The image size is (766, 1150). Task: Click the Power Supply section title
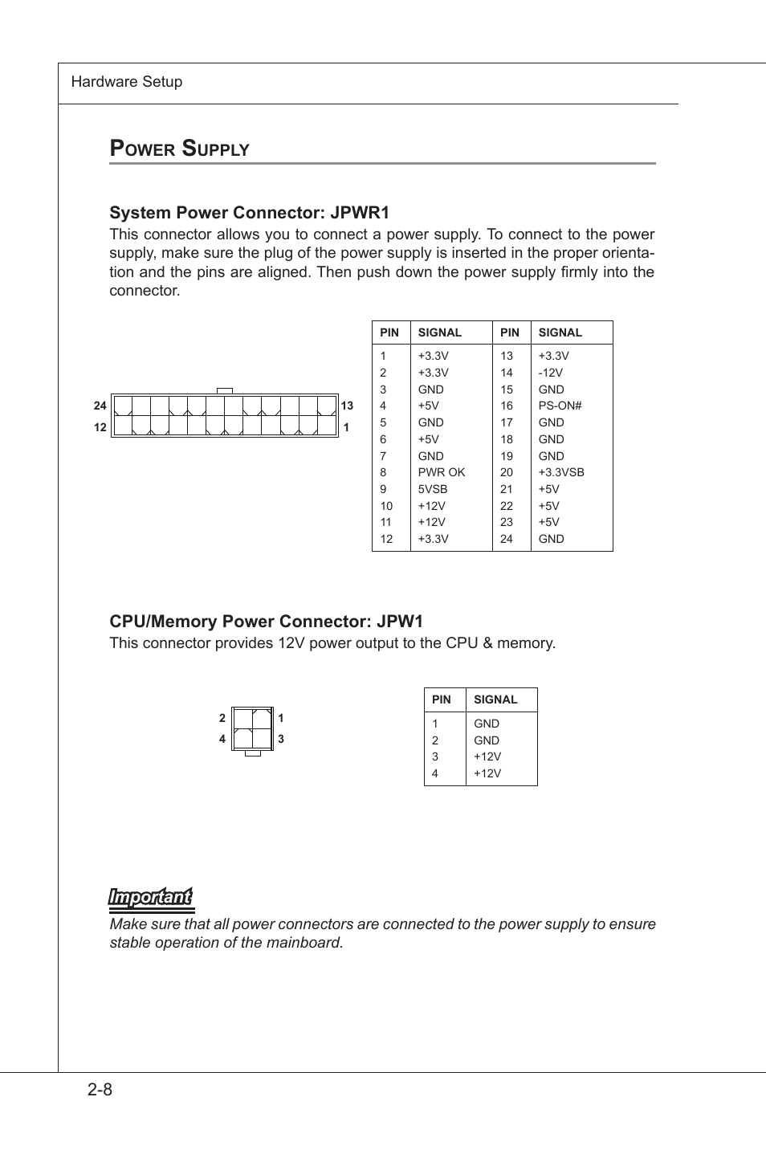click(179, 149)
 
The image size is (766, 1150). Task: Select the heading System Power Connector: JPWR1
click(249, 213)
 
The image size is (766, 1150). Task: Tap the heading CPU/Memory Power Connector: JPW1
click(266, 622)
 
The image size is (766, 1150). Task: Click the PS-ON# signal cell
click(560, 406)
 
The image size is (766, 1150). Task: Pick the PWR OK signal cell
click(441, 472)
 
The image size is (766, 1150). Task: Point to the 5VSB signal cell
click(432, 489)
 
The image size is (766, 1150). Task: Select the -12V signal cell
click(550, 373)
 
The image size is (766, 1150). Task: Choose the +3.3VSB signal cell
click(560, 472)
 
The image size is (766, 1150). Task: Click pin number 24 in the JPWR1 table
click(506, 539)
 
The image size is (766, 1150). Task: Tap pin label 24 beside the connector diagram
click(100, 406)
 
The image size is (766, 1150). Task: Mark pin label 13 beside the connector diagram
click(347, 406)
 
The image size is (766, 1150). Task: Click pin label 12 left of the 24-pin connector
click(100, 427)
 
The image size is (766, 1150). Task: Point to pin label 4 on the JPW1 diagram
click(222, 739)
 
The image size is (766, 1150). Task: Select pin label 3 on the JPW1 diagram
click(281, 739)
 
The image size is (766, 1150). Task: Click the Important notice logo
click(151, 898)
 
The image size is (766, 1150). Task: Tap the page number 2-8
click(100, 1090)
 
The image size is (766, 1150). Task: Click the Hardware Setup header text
click(127, 82)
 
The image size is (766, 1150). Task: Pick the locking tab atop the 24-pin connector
click(225, 390)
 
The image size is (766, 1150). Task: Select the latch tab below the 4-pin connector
click(252, 753)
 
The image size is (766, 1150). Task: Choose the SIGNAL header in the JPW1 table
click(495, 699)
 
